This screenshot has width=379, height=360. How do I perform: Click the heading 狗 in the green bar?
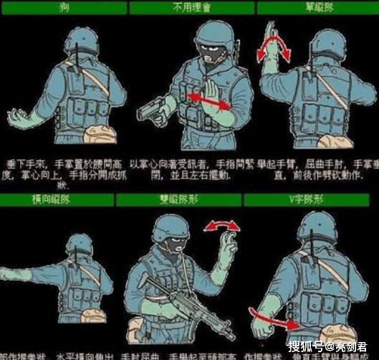click(64, 7)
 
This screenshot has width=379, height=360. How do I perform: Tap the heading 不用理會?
click(191, 7)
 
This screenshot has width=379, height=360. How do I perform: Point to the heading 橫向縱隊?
click(64, 196)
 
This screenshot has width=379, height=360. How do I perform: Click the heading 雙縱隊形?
click(191, 196)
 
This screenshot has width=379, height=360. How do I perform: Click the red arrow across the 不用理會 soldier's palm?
click(208, 100)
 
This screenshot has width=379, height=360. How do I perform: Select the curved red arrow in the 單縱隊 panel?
click(275, 50)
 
